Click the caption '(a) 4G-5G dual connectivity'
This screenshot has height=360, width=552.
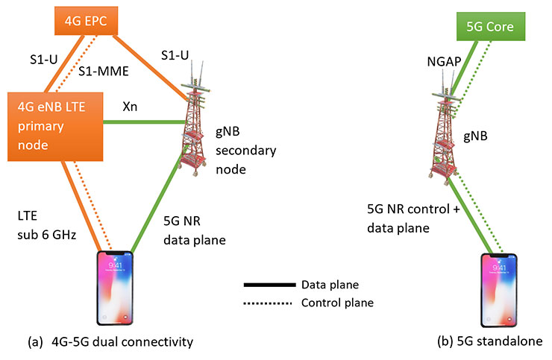[x=110, y=342]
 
